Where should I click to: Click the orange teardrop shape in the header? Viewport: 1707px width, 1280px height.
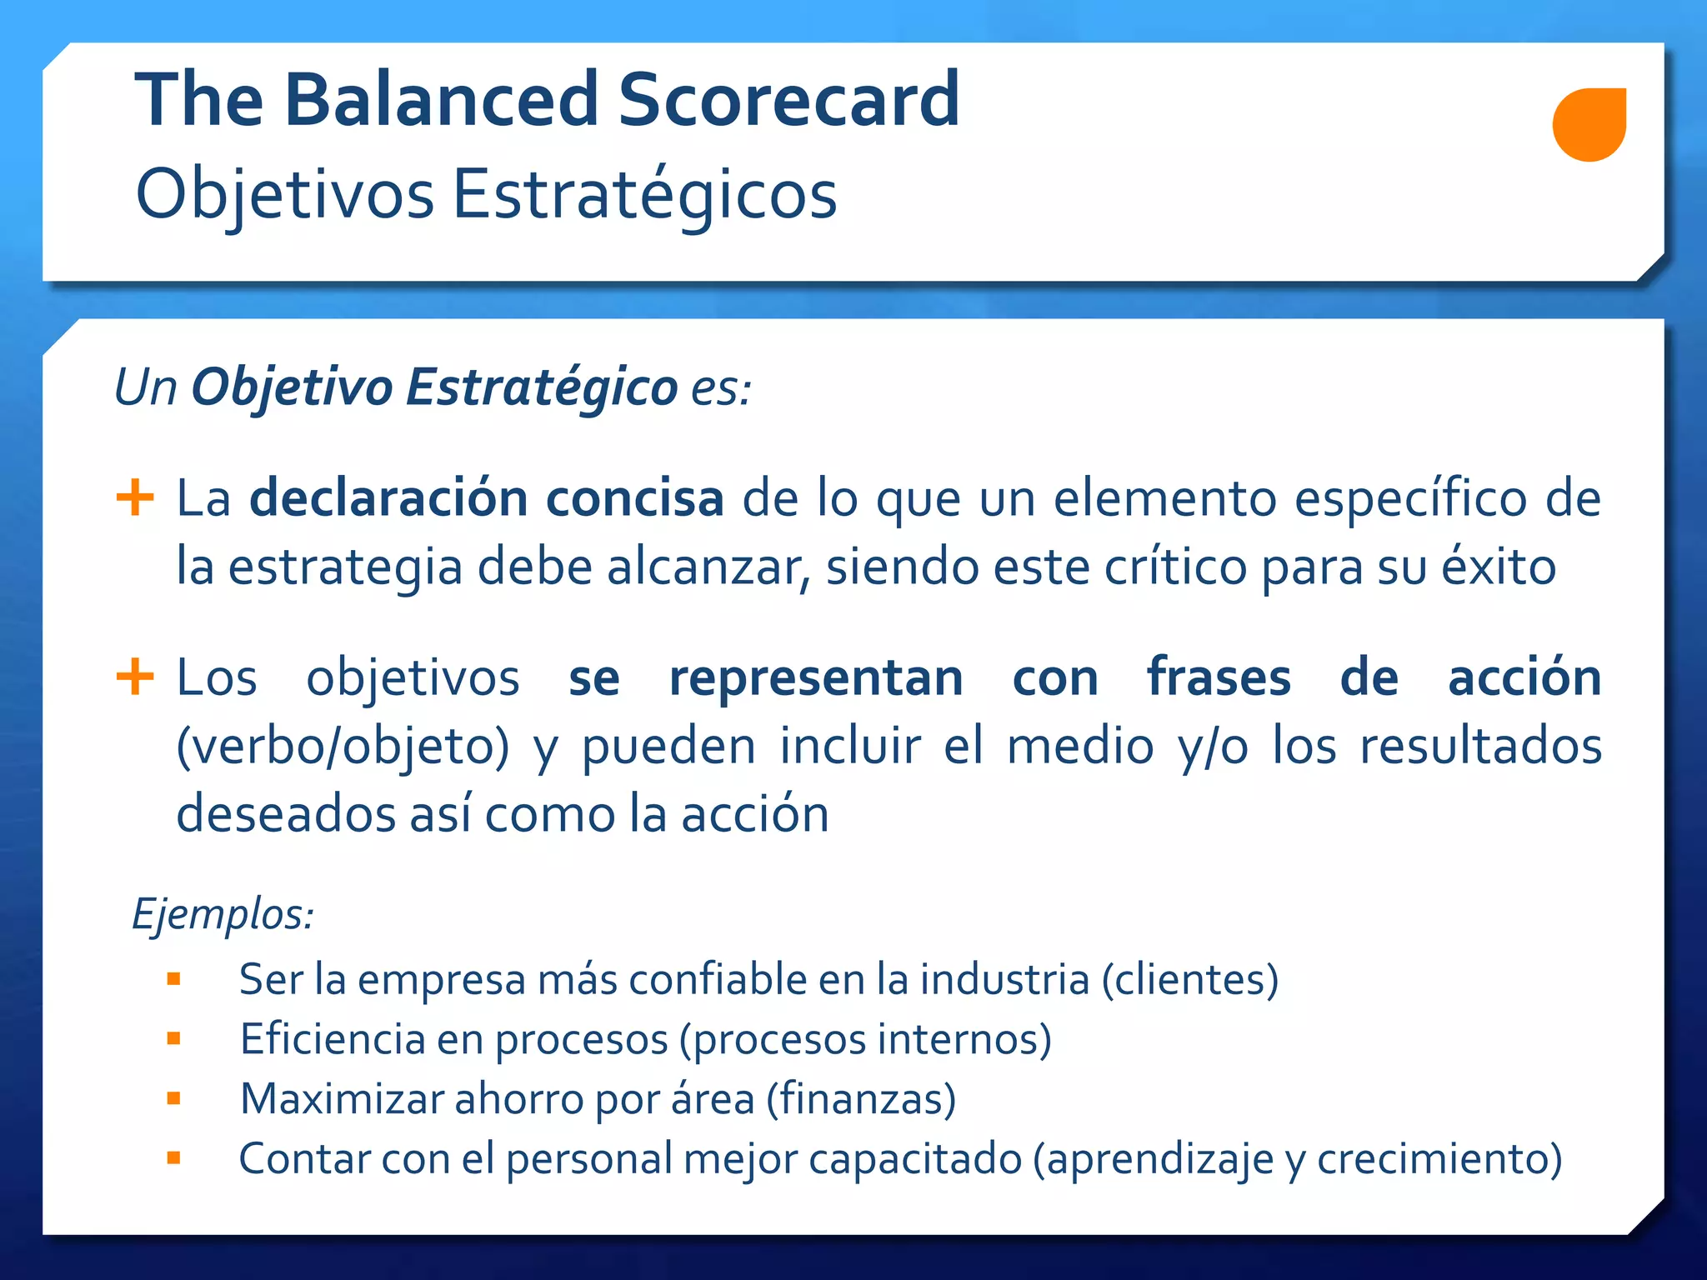1589,124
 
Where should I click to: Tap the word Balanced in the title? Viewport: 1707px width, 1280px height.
442,100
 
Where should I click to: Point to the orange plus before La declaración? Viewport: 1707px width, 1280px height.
135,498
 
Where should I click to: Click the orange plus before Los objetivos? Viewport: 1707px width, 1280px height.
135,677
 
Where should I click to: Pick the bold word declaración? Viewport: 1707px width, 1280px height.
389,498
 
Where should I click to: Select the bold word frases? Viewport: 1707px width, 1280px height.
1219,677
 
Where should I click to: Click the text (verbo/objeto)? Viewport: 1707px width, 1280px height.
343,746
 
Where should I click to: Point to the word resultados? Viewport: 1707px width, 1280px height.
1480,745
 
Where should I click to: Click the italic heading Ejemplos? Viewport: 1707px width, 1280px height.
223,915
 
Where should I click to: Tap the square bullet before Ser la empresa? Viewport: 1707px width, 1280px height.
173,979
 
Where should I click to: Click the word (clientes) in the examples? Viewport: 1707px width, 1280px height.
1190,979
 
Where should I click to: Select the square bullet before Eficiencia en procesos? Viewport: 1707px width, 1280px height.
173,1038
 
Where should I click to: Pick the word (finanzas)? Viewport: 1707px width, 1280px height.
861,1098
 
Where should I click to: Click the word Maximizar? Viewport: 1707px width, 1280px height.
342,1098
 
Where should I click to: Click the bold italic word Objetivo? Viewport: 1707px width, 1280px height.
292,388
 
